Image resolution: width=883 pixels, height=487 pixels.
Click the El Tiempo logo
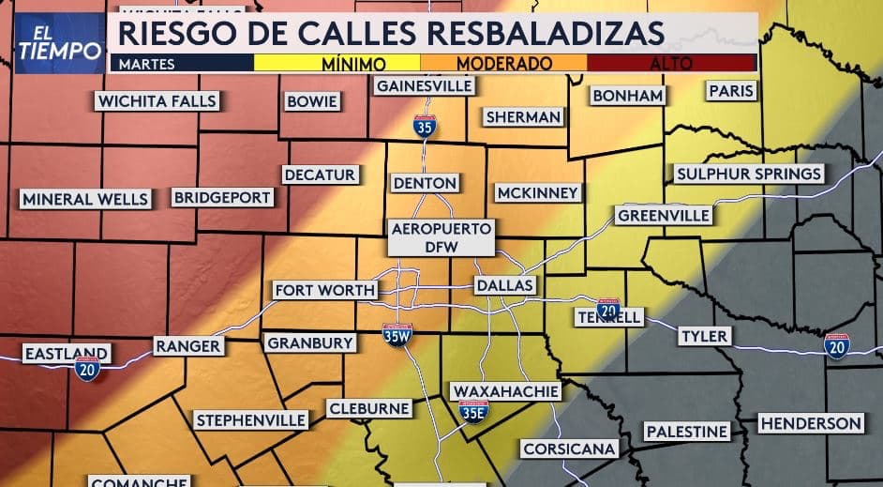pos(59,42)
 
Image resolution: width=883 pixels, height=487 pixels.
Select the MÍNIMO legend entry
pos(353,64)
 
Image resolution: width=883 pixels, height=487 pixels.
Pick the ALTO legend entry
pos(671,64)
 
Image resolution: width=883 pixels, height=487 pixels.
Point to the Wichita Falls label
pos(157,101)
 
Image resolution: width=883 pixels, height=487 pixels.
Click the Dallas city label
pos(503,285)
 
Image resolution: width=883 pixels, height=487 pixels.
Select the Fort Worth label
pos(324,290)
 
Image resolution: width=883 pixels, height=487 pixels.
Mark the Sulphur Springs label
pos(749,174)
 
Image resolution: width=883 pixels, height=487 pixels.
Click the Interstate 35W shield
pos(397,333)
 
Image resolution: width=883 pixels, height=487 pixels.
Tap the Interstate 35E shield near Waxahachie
pos(474,410)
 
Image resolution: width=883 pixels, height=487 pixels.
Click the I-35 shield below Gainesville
pos(425,125)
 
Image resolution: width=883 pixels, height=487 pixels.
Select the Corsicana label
pos(569,449)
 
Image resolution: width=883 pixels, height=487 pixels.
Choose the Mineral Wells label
pos(85,199)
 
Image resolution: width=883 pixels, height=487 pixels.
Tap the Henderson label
pos(810,423)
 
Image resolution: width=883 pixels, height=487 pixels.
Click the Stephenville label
pos(250,419)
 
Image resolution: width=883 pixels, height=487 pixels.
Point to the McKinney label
pos(538,192)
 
